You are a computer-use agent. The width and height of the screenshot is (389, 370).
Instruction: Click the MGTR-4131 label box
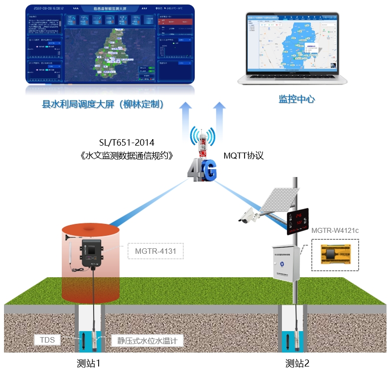pyautogui.click(x=155, y=251)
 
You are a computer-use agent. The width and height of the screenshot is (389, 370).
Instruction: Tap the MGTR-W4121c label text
pyautogui.click(x=335, y=231)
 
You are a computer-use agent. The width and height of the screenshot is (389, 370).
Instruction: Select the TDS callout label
pyautogui.click(x=47, y=341)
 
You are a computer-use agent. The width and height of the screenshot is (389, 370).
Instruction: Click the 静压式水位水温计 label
pyautogui.click(x=147, y=341)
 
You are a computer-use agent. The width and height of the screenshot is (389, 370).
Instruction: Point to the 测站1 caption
pyautogui.click(x=89, y=363)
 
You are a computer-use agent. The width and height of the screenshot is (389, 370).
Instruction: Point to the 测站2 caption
pyautogui.click(x=297, y=363)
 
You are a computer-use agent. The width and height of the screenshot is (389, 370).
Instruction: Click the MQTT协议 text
pyautogui.click(x=243, y=156)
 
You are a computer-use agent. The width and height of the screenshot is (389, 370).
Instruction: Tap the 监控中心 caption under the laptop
pyautogui.click(x=296, y=99)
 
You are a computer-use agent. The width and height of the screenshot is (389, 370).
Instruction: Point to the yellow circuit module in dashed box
pyautogui.click(x=335, y=254)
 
